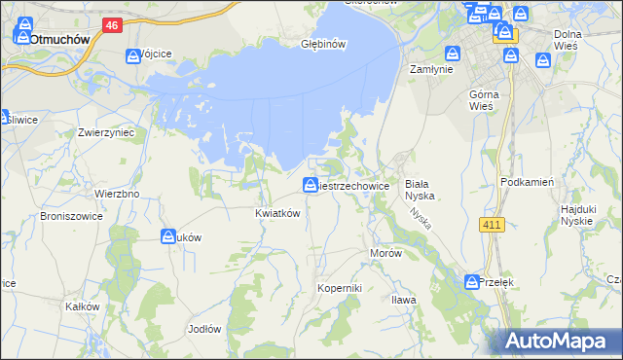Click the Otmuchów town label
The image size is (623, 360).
pyautogui.click(x=60, y=40)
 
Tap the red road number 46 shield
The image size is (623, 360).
pyautogui.click(x=113, y=26)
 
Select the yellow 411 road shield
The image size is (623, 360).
pyautogui.click(x=493, y=225)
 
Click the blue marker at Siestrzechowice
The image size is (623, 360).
pyautogui.click(x=310, y=184)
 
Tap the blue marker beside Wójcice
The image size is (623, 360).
pyautogui.click(x=132, y=55)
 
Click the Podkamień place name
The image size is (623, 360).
pyautogui.click(x=527, y=182)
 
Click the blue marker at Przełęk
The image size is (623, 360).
pyautogui.click(x=471, y=281)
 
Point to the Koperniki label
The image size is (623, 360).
pyautogui.click(x=340, y=289)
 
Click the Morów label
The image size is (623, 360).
pyautogui.click(x=385, y=252)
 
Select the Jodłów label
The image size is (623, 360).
pyautogui.click(x=204, y=329)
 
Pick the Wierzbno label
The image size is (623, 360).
pyautogui.click(x=117, y=194)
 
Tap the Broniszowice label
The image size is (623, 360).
pyautogui.click(x=73, y=217)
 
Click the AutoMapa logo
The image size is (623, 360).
pyautogui.click(x=560, y=341)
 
